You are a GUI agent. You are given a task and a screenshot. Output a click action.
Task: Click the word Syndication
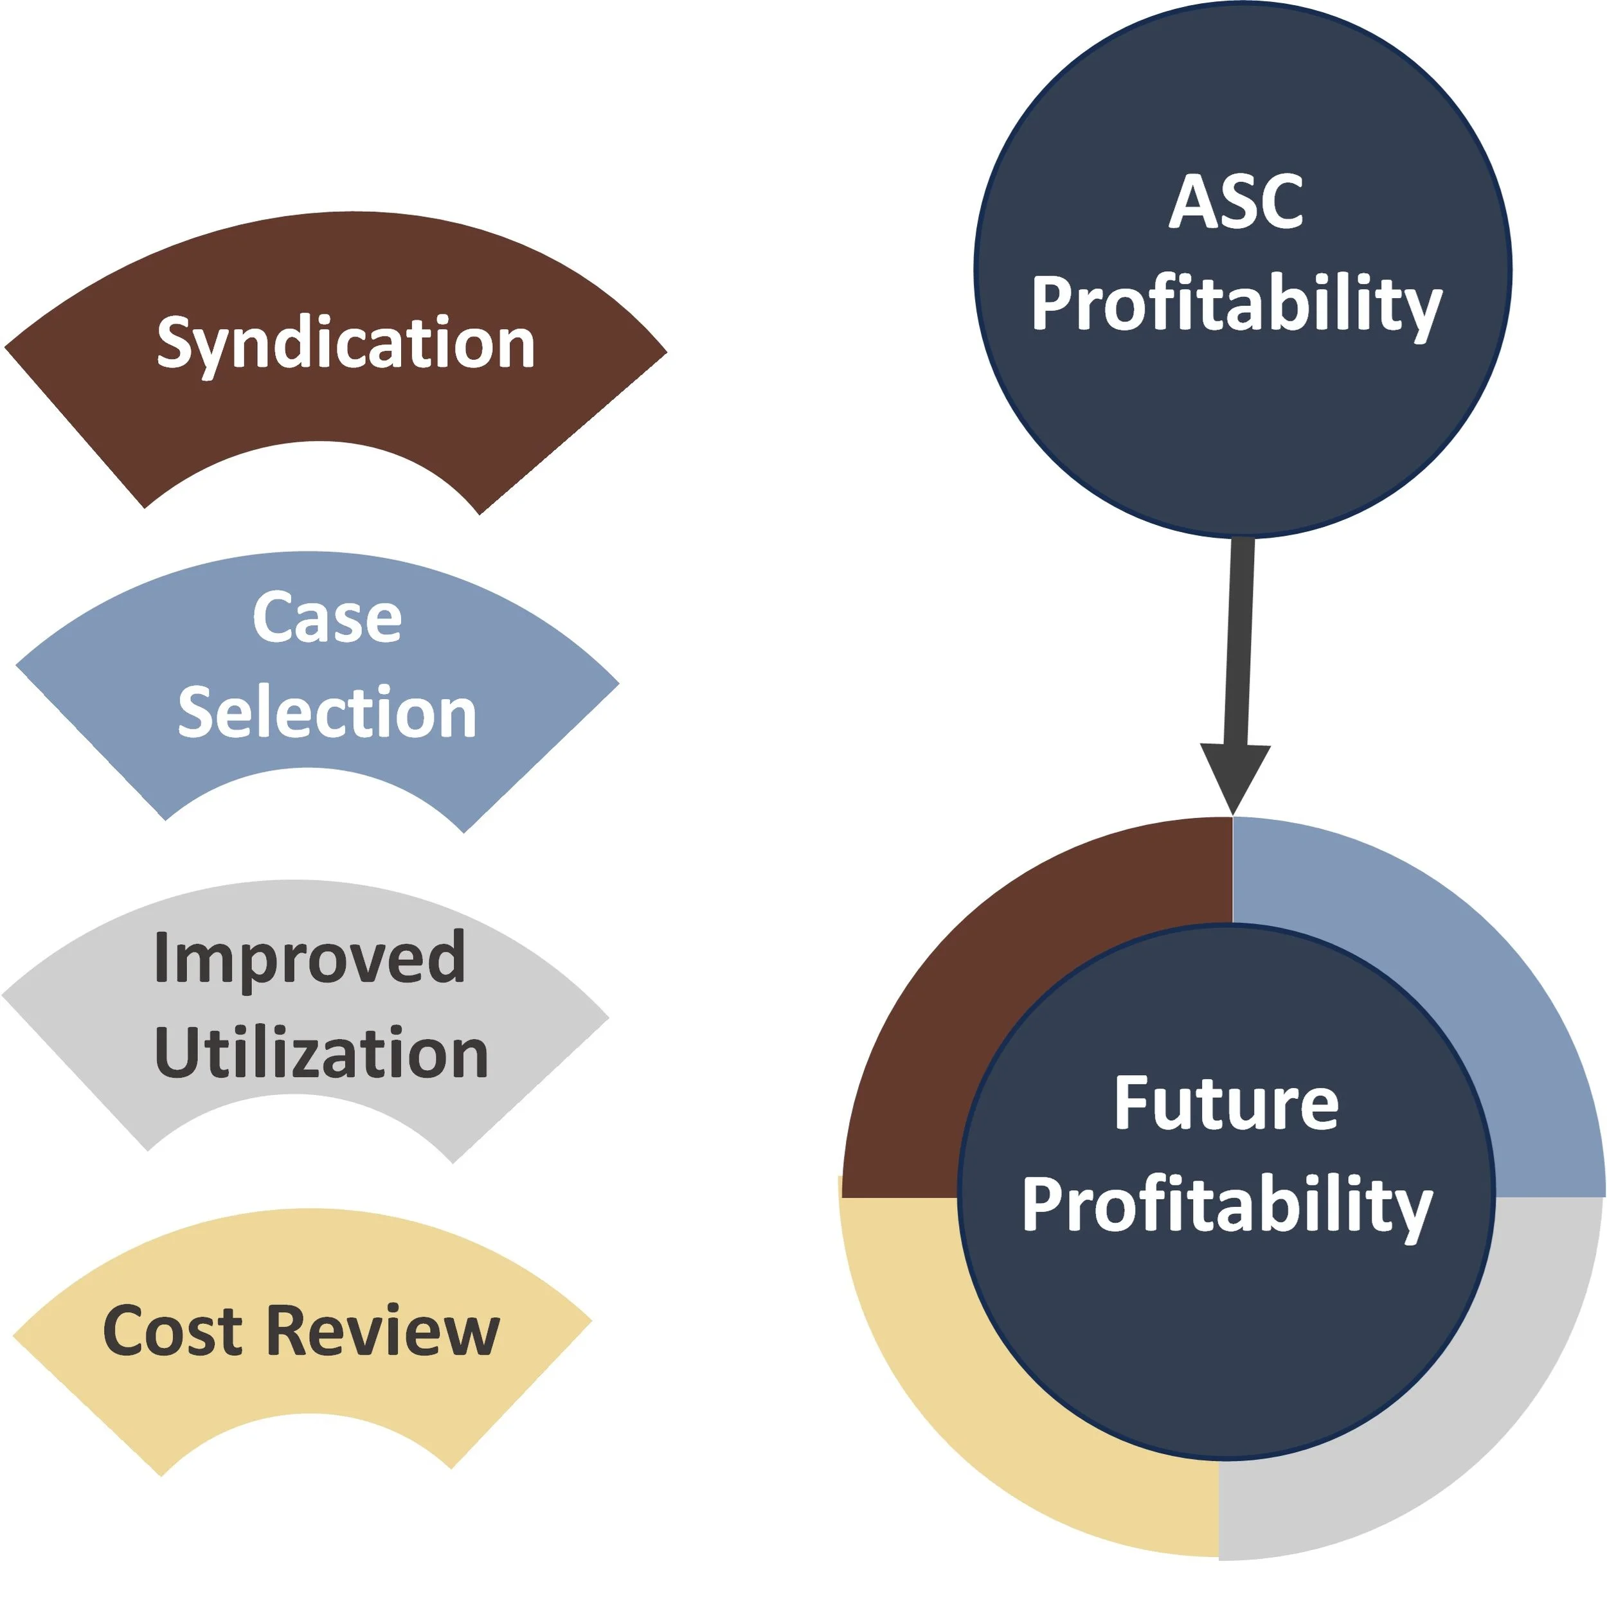coord(346,344)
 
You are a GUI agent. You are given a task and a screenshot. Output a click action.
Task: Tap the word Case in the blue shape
coord(327,618)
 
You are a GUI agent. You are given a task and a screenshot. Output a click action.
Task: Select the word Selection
coord(327,713)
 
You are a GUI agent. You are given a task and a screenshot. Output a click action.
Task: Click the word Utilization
coord(321,1053)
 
